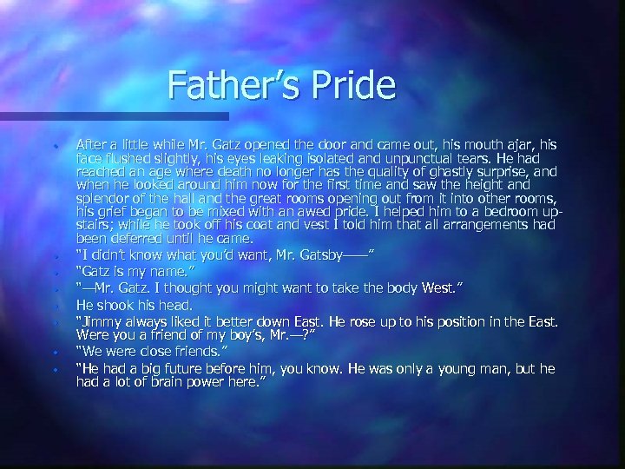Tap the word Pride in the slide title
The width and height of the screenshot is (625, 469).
pos(352,85)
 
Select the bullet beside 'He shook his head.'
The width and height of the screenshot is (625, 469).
pos(56,307)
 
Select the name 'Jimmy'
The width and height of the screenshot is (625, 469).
pos(102,321)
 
